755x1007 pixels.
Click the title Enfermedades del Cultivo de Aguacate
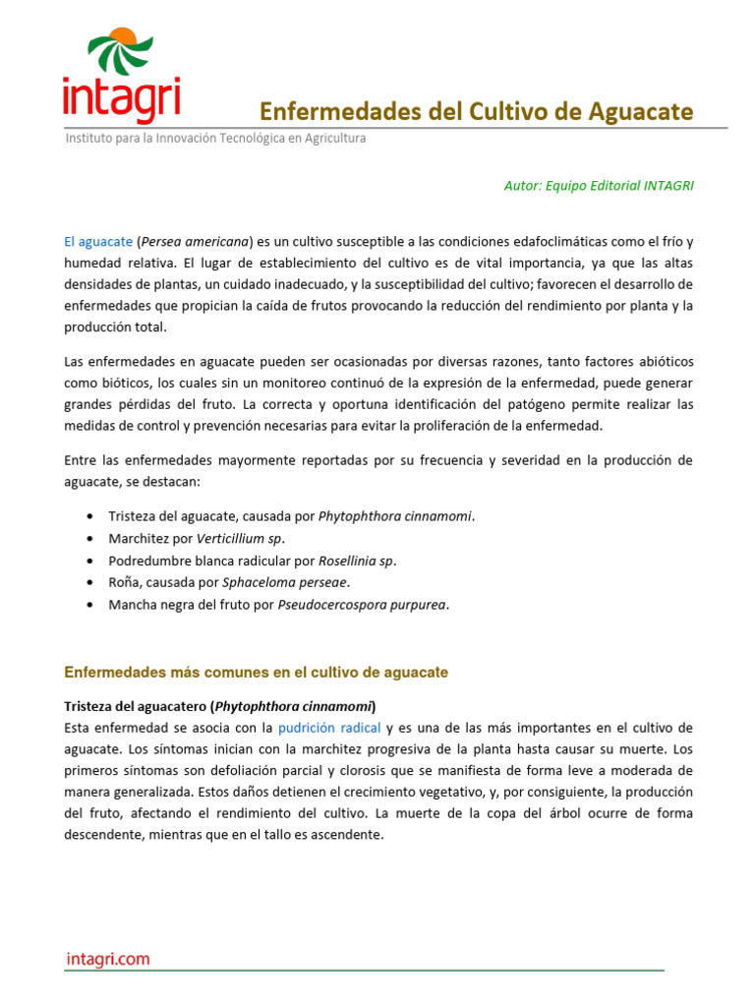tap(476, 111)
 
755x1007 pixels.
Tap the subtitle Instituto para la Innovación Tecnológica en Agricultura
tap(215, 139)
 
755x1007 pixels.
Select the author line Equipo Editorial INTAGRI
tap(598, 185)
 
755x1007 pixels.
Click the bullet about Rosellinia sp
tap(252, 561)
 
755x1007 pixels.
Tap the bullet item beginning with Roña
tap(229, 582)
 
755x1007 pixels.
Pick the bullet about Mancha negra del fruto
tap(278, 605)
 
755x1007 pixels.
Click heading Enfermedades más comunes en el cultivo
tap(256, 673)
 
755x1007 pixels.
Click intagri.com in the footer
tap(108, 959)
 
